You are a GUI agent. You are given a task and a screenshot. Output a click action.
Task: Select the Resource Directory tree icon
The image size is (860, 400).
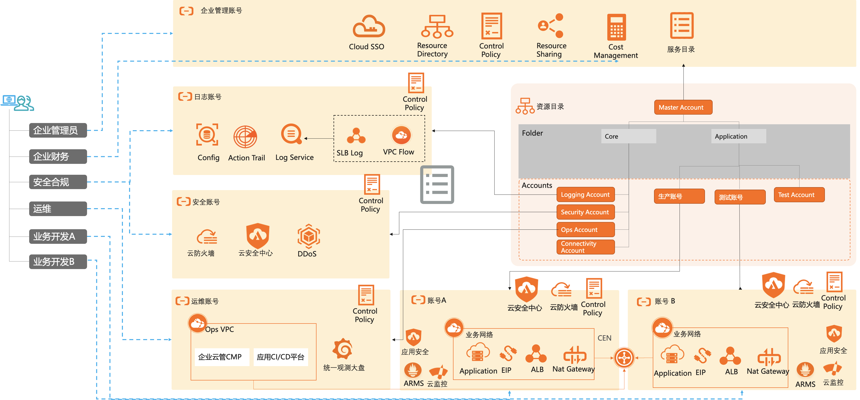(x=437, y=26)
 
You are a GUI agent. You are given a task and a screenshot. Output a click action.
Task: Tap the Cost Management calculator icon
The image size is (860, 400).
(x=616, y=27)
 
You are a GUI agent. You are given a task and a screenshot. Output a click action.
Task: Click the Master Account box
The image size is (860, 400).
(x=683, y=107)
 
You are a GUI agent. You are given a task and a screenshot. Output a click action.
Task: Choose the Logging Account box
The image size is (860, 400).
(x=585, y=195)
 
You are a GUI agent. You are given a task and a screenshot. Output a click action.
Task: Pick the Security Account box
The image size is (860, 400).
(x=585, y=212)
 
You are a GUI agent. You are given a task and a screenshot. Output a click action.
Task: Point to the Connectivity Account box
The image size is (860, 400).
(x=585, y=247)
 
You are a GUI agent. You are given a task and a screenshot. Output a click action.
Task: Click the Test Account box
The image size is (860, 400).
(x=799, y=195)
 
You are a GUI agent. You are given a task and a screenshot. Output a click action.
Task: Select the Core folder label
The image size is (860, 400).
(x=628, y=136)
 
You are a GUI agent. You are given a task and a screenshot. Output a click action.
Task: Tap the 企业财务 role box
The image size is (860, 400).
(x=58, y=156)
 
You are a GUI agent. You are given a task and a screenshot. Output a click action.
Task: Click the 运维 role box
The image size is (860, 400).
(x=58, y=209)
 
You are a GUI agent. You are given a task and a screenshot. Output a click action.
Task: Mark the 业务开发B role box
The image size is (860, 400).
(x=58, y=262)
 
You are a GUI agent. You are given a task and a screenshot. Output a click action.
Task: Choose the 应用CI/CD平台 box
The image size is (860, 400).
(x=280, y=357)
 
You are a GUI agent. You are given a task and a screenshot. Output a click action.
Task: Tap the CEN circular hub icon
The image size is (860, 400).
(x=624, y=358)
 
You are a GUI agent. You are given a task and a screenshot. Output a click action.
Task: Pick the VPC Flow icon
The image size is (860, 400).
(x=401, y=135)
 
